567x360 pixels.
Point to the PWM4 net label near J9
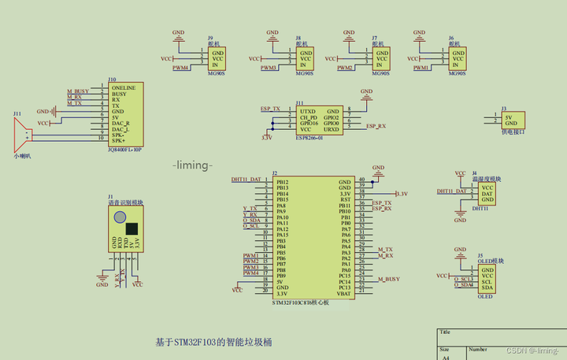181,68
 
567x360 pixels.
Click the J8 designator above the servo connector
298,38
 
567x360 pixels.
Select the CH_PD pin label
309,118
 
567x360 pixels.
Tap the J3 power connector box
511,119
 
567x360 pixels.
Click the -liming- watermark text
194,165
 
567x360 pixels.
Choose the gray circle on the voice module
119,218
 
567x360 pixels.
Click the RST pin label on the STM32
345,200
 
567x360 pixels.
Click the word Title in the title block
446,332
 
